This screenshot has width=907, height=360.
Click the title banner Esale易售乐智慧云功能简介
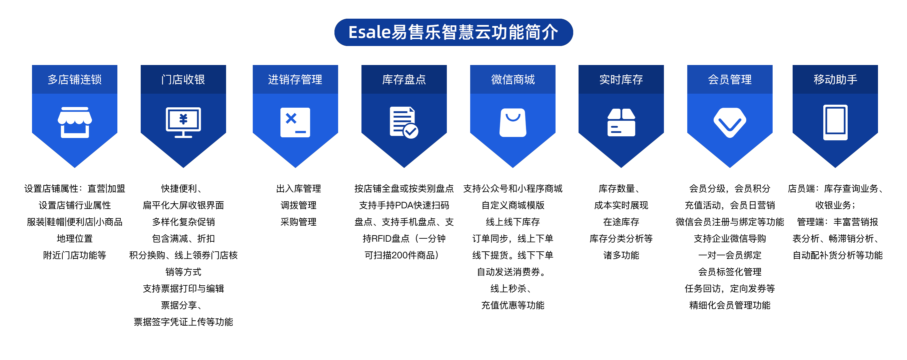click(x=453, y=32)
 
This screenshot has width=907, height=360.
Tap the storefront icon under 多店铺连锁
click(x=75, y=122)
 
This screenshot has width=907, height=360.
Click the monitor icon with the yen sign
click(x=183, y=122)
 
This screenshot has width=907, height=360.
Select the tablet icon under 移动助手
click(x=835, y=122)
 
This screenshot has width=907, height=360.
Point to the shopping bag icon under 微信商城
click(x=513, y=122)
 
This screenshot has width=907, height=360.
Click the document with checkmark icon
click(x=404, y=122)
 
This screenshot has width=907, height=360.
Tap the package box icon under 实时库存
click(x=621, y=122)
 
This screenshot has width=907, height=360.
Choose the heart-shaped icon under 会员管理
click(x=730, y=123)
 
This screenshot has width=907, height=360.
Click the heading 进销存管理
click(x=295, y=80)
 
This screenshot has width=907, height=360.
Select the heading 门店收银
click(x=183, y=80)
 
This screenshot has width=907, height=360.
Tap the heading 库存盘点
click(x=404, y=80)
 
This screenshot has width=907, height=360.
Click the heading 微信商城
click(x=513, y=80)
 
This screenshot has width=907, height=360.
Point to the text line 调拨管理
click(x=298, y=205)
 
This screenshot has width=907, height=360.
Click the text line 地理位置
click(x=75, y=239)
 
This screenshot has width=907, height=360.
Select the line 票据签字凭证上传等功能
click(x=183, y=322)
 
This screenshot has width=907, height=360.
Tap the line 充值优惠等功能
click(x=513, y=305)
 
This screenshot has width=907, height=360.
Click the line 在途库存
click(x=621, y=222)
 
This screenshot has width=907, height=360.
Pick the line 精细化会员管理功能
click(x=730, y=305)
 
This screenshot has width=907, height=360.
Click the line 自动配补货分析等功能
click(x=838, y=255)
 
